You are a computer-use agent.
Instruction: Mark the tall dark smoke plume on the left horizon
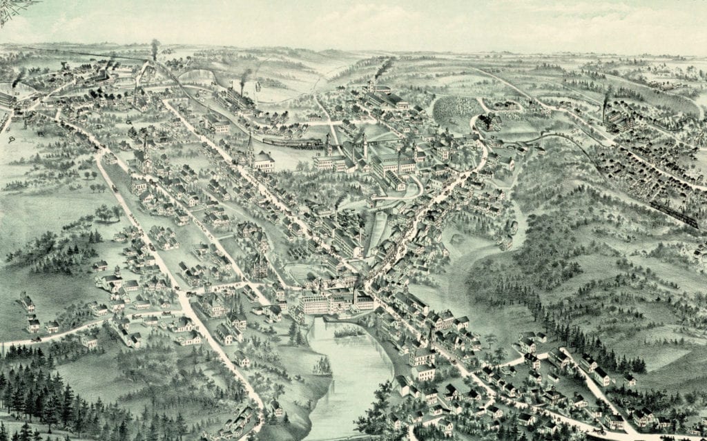[155, 48]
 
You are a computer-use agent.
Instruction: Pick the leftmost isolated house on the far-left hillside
[27, 302]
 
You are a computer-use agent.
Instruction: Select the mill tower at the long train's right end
[329, 145]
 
